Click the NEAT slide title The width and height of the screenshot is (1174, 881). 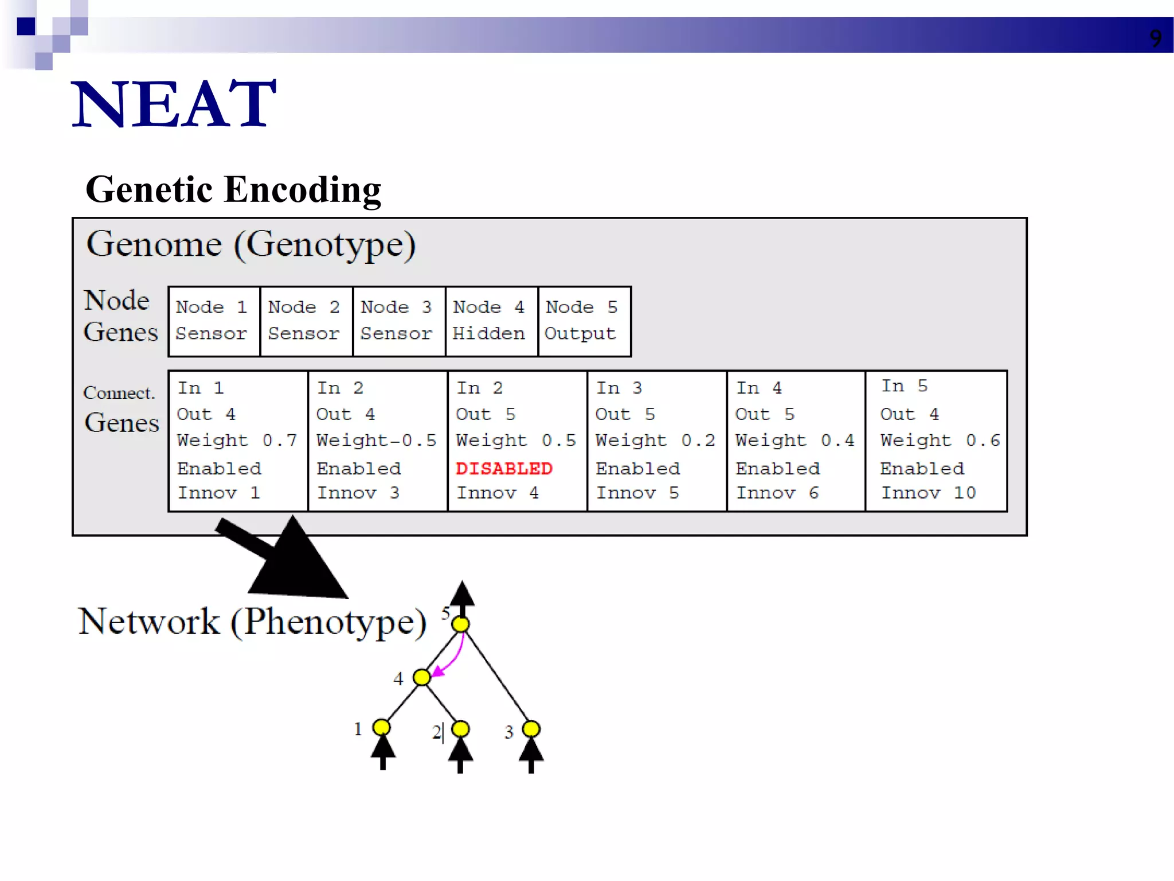tap(174, 104)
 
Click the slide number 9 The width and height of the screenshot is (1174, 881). tap(1155, 38)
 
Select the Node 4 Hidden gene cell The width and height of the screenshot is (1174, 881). tap(491, 321)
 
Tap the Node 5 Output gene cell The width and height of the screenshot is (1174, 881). tap(584, 321)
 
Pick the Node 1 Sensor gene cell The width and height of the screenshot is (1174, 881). tap(213, 321)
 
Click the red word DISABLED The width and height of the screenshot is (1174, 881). tap(503, 469)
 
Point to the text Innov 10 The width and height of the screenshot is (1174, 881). tap(928, 493)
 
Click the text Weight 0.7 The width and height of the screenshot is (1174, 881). tap(237, 440)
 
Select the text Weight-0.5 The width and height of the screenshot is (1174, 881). tap(376, 440)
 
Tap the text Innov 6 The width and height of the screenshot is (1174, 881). tap(777, 493)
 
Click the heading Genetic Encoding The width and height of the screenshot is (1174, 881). tap(233, 190)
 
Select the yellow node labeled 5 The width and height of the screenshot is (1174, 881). tap(460, 624)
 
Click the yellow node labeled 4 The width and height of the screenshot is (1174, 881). tap(422, 677)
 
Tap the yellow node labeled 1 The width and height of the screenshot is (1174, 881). tap(381, 728)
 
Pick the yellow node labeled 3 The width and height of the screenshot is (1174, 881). tap(531, 728)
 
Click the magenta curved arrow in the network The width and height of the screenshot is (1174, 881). tap(456, 660)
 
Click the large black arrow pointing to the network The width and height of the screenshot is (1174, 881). tap(287, 559)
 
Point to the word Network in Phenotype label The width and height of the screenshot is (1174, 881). tap(148, 622)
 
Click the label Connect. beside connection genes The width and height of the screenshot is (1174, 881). tap(119, 393)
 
